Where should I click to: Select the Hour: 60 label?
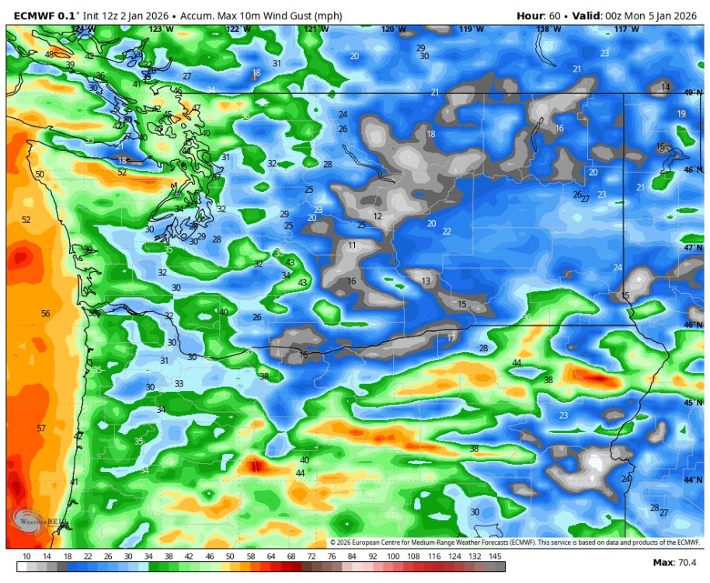pyautogui.click(x=538, y=16)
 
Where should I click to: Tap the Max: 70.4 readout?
pyautogui.click(x=675, y=562)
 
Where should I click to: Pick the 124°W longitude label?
pyautogui.click(x=83, y=30)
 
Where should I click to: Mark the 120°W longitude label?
pyautogui.click(x=393, y=30)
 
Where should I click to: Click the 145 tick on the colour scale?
pyautogui.click(x=495, y=556)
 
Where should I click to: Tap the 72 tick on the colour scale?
pyautogui.click(x=311, y=556)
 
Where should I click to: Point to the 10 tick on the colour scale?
pyautogui.click(x=26, y=556)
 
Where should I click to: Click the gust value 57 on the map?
pyautogui.click(x=41, y=428)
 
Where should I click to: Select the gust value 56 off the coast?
pyautogui.click(x=45, y=313)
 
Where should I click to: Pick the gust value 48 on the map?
pyautogui.click(x=49, y=54)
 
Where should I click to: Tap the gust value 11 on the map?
pyautogui.click(x=352, y=245)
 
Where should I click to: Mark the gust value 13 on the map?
pyautogui.click(x=426, y=281)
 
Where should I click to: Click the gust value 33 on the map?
pyautogui.click(x=179, y=383)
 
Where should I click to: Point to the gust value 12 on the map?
pyautogui.click(x=378, y=216)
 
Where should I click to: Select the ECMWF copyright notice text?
pyautogui.click(x=515, y=543)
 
